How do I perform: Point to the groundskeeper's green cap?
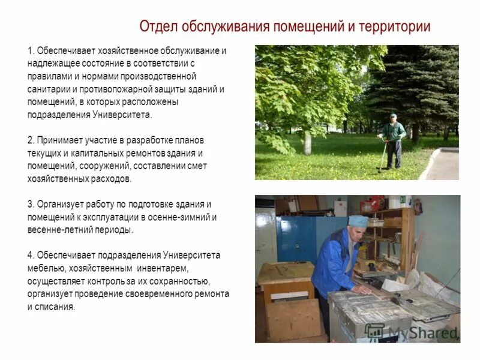tap(392, 116)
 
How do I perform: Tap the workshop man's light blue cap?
tap(358, 221)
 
